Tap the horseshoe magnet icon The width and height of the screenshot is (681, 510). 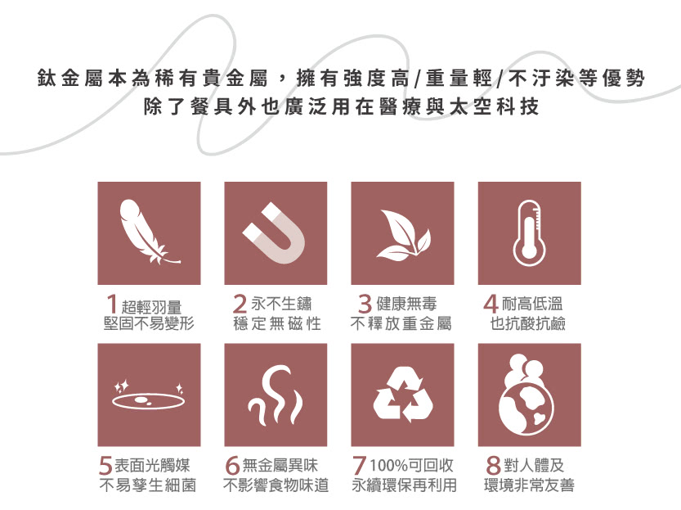pos(275,233)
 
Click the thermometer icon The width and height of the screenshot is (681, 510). pos(529,233)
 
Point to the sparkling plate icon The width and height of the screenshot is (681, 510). pos(149,396)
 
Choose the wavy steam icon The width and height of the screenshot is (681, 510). pos(275,395)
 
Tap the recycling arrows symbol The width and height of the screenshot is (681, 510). pos(403,395)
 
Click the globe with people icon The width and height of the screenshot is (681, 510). pos(526,395)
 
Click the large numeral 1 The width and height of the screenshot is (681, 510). pos(112,304)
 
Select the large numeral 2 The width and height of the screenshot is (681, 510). pos(240,304)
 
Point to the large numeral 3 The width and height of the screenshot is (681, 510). pos(365,304)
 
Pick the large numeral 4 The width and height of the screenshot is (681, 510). pos(491,304)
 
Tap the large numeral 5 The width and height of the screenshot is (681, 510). pos(105,466)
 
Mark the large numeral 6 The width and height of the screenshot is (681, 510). pos(233,466)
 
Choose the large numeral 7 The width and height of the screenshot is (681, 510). pos(359,466)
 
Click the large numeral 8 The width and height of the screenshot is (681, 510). pos(494,466)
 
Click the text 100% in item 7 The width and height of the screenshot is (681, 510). pos(388,466)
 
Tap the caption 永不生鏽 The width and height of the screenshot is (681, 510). pos(281,304)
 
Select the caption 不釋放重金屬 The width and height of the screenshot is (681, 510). pos(401,323)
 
